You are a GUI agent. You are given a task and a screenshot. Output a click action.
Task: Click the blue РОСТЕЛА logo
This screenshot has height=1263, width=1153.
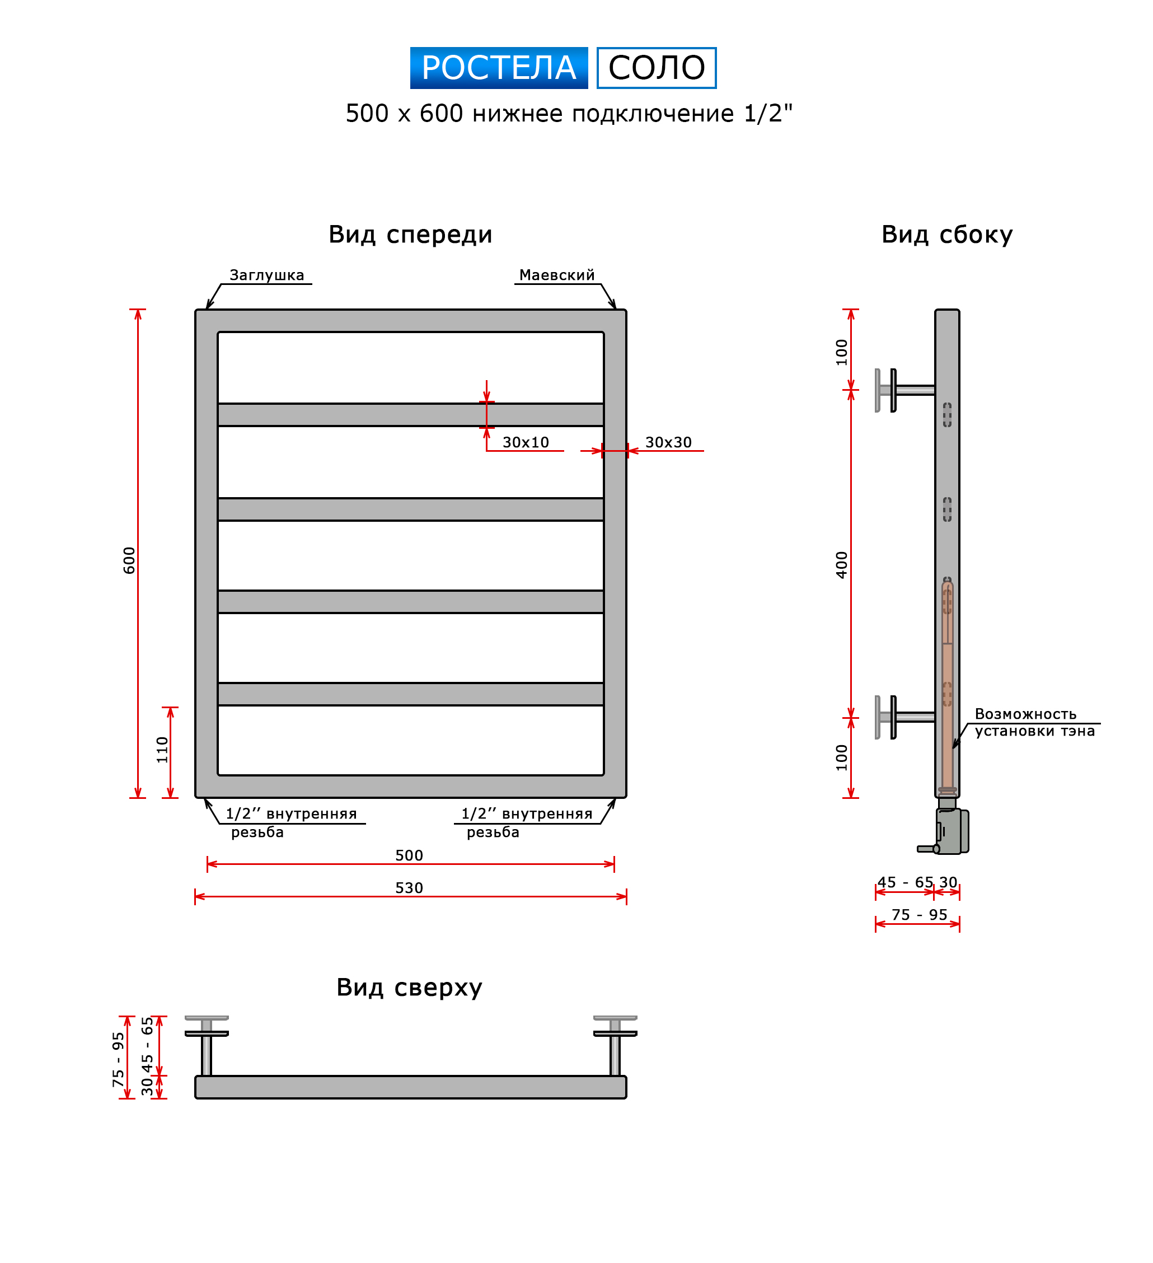pyautogui.click(x=499, y=68)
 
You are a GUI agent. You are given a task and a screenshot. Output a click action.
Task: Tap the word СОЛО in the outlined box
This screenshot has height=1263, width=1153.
pyautogui.click(x=657, y=68)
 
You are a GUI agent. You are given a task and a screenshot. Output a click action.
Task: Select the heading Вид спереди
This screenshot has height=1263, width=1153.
pyautogui.click(x=410, y=235)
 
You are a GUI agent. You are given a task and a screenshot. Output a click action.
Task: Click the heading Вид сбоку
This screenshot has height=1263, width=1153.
pyautogui.click(x=946, y=235)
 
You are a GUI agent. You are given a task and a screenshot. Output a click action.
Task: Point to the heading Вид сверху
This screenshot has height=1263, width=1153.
pyautogui.click(x=409, y=988)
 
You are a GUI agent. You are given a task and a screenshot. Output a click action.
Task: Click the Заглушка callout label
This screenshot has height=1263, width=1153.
pyautogui.click(x=267, y=275)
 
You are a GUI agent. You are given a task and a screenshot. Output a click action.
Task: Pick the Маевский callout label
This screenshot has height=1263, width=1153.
pyautogui.click(x=557, y=275)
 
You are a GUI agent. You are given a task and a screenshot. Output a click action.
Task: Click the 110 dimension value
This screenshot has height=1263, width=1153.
pyautogui.click(x=162, y=750)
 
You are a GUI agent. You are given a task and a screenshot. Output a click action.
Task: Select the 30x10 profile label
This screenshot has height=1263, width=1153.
pyautogui.click(x=526, y=442)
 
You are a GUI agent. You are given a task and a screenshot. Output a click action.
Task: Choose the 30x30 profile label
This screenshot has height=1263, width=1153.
pyautogui.click(x=668, y=442)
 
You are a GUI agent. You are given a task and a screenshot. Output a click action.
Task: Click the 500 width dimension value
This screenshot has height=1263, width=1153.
pyautogui.click(x=409, y=855)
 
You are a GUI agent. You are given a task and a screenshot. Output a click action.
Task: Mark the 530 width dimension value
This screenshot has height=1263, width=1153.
pyautogui.click(x=409, y=888)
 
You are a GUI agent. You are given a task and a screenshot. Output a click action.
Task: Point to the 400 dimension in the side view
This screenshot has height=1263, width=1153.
pyautogui.click(x=841, y=565)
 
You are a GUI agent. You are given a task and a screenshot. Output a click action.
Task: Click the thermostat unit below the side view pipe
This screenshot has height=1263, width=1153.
pyautogui.click(x=951, y=831)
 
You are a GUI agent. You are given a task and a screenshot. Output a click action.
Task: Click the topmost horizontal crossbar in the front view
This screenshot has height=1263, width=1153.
pyautogui.click(x=410, y=415)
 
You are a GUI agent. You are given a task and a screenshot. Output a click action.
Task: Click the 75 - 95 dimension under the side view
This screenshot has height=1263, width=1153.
pyautogui.click(x=919, y=915)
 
